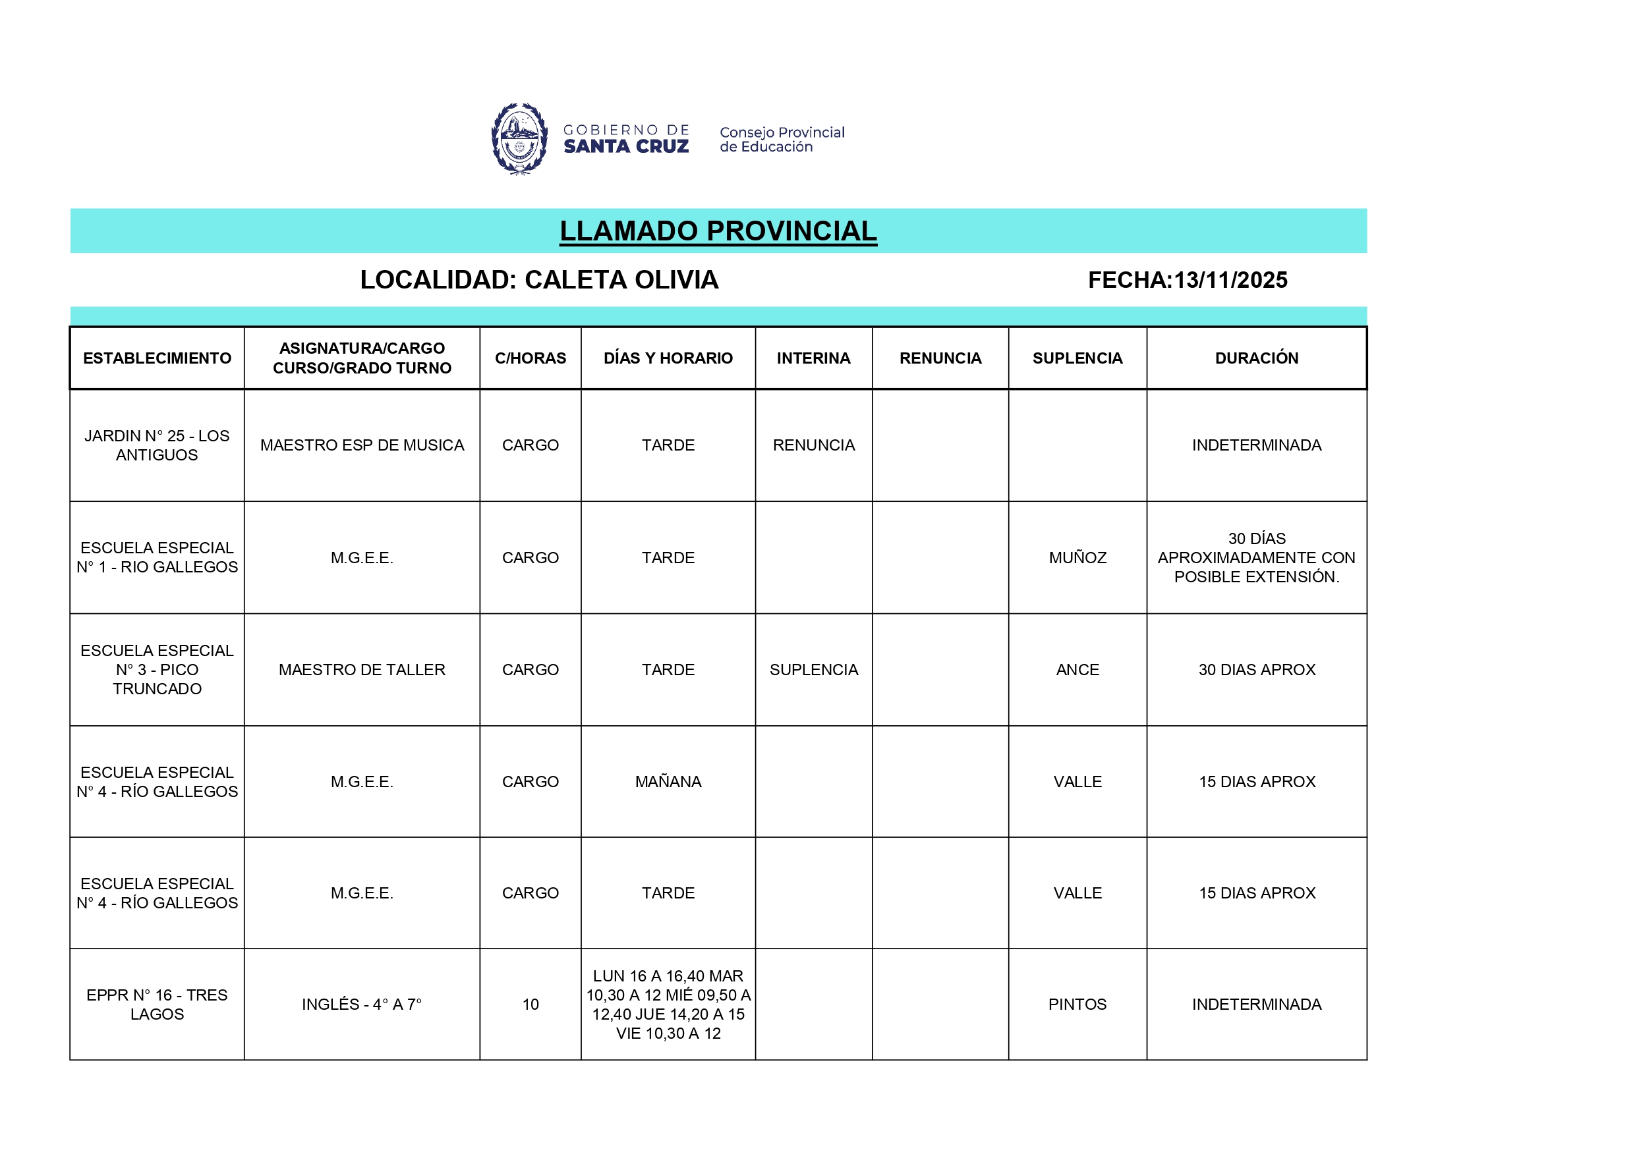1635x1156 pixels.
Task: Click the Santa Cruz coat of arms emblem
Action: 519,140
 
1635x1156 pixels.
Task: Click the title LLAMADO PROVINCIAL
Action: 718,231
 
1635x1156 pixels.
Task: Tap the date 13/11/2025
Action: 1230,281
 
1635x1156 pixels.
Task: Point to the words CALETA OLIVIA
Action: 621,281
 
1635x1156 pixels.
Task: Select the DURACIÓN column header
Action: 1256,358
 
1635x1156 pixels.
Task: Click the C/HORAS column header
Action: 531,358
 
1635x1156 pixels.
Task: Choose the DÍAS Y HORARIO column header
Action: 668,358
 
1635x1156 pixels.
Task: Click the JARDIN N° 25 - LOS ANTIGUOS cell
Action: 157,445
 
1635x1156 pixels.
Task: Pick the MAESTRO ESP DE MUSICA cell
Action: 362,445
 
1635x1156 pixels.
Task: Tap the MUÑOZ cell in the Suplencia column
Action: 1077,558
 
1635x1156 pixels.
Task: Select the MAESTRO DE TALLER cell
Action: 362,670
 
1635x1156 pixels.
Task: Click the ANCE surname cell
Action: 1077,670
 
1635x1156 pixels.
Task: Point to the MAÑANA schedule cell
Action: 668,782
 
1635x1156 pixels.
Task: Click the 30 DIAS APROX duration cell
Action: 1256,670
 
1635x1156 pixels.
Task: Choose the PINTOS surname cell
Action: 1077,1005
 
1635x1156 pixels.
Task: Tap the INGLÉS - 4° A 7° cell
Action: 362,1005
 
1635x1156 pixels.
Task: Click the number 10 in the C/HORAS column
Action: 531,1005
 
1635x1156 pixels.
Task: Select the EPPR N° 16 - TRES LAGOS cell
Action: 157,1005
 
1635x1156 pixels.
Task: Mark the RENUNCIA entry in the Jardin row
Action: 813,445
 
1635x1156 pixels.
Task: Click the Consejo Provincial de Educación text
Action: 781,140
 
